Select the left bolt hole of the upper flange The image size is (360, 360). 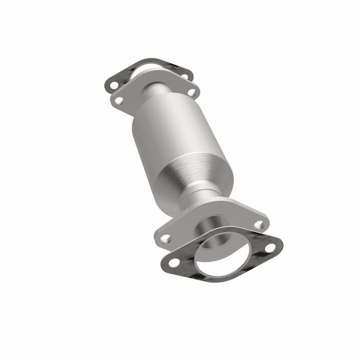pyautogui.click(x=120, y=100)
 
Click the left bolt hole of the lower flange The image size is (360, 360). pyautogui.click(x=165, y=238)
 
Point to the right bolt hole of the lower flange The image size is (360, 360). pyautogui.click(x=259, y=223)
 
